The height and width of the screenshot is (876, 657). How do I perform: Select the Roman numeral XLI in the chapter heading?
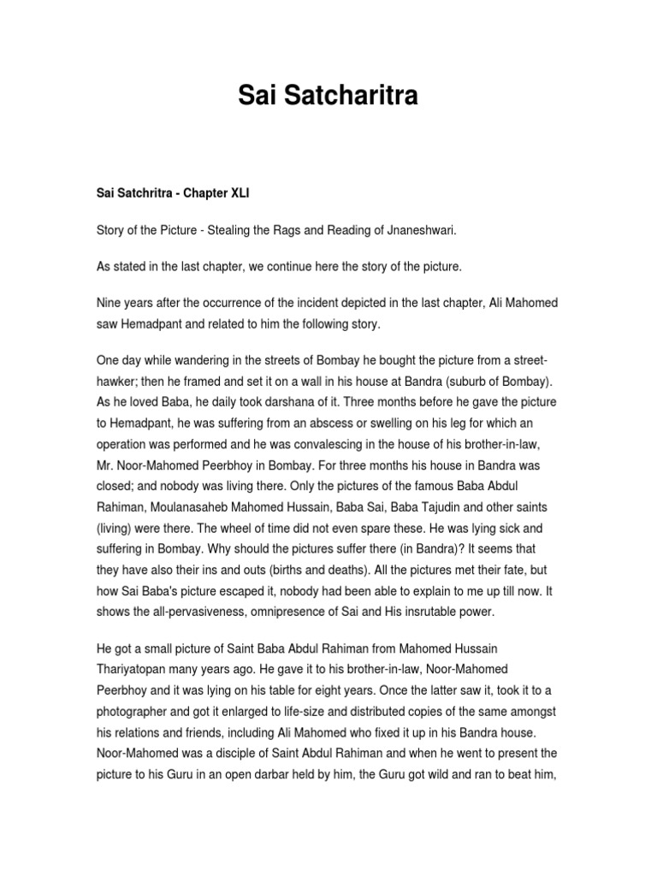click(237, 193)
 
